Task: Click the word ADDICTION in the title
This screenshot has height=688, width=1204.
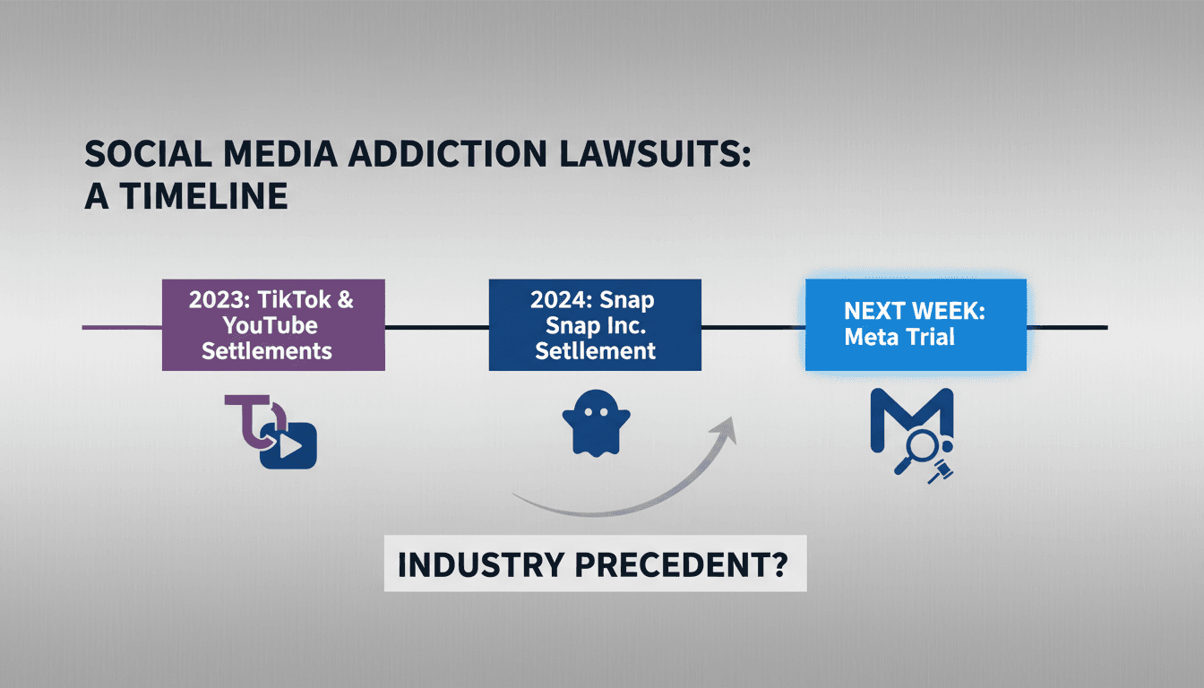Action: tap(447, 154)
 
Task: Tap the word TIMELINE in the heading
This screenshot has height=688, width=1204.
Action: tap(203, 196)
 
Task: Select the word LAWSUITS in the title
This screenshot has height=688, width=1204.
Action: tap(655, 154)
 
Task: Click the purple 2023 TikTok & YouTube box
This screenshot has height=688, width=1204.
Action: tap(273, 324)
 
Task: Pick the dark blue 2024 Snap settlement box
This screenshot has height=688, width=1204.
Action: tap(595, 324)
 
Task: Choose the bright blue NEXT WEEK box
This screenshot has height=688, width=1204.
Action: tap(916, 324)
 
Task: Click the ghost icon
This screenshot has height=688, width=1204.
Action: tap(596, 423)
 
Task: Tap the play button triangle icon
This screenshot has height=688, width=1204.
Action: tap(290, 446)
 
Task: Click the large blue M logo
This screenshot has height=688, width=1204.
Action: tap(912, 419)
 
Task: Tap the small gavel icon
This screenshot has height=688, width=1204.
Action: tap(940, 471)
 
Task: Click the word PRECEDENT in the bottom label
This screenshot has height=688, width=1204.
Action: tap(681, 565)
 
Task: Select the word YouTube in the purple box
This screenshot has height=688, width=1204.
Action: tap(271, 326)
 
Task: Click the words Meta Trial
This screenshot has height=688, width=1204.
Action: tap(899, 337)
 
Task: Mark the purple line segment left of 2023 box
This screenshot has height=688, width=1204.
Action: tap(122, 327)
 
